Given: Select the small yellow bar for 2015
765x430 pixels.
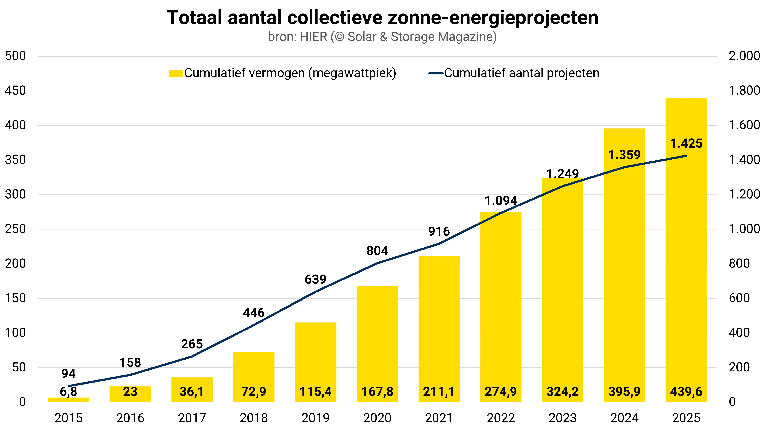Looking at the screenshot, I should [x=68, y=400].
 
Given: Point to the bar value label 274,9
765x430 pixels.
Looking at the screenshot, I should [x=501, y=392].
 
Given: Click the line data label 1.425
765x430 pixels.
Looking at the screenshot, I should [x=686, y=144].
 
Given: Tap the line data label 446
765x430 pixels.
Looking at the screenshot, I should [x=254, y=313].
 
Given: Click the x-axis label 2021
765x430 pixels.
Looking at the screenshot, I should [x=439, y=418].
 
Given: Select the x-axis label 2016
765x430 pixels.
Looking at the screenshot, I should [x=130, y=418].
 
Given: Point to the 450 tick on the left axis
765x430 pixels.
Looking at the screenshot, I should [x=15, y=91].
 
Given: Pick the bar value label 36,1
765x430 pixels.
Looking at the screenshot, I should [x=192, y=392].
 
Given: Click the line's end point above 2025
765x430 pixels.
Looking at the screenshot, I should [x=686, y=156].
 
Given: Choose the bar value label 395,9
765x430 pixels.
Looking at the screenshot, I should [x=624, y=392].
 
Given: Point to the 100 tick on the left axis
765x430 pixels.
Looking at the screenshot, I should [x=15, y=333].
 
